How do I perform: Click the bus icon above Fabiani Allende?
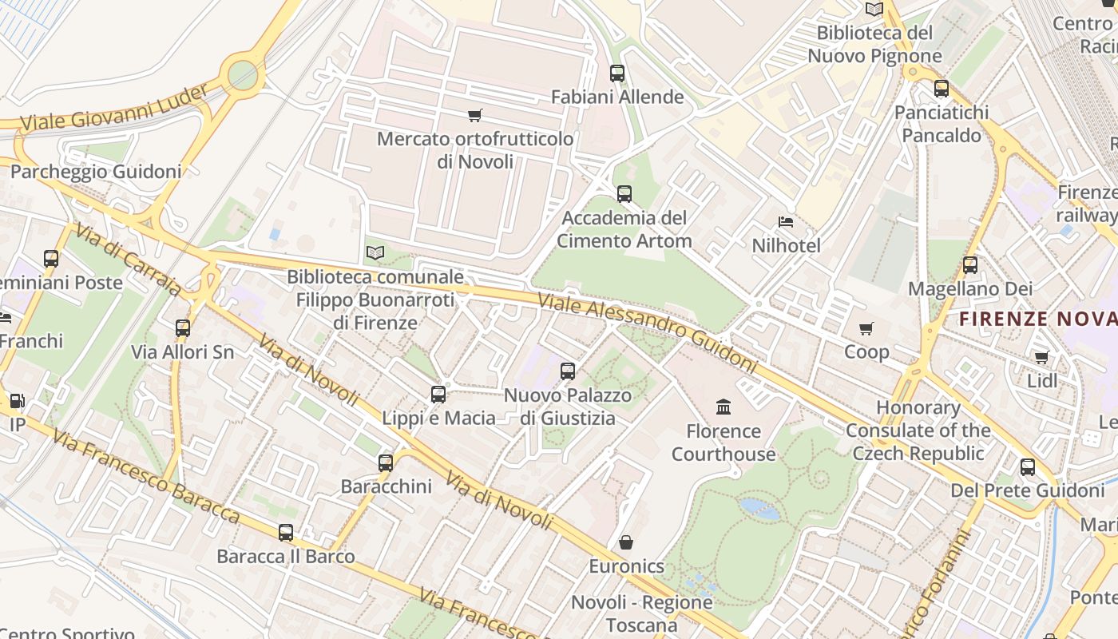click(x=616, y=73)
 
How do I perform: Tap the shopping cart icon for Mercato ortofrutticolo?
click(x=475, y=116)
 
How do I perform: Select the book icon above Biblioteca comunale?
click(x=375, y=253)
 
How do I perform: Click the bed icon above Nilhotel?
click(x=786, y=222)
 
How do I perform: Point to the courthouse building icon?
click(x=724, y=407)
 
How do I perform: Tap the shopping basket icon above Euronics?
click(x=626, y=543)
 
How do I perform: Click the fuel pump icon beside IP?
click(x=17, y=401)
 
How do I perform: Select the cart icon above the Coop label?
click(x=866, y=328)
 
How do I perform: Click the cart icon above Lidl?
click(x=1041, y=358)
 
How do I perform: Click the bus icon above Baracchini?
click(x=386, y=462)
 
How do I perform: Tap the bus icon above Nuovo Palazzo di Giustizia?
click(x=568, y=371)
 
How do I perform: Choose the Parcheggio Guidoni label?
click(x=96, y=171)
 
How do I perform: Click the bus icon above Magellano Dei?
click(x=970, y=265)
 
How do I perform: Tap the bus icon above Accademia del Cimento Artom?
click(x=624, y=194)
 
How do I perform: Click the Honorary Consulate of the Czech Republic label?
click(x=918, y=431)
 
